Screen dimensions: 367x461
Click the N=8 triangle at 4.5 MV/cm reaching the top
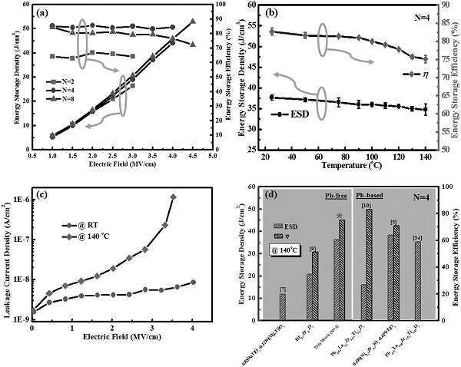(193, 21)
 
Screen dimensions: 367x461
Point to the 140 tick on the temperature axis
(425, 156)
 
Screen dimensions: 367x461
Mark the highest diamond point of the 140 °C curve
(173, 197)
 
